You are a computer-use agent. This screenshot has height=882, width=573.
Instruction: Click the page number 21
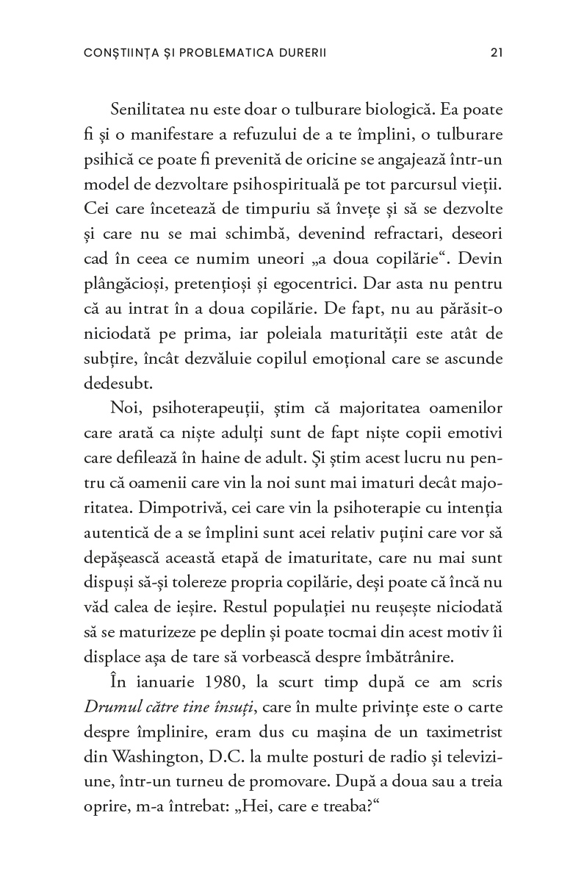(x=496, y=53)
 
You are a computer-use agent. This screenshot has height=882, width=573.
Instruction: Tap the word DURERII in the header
(x=296, y=53)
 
